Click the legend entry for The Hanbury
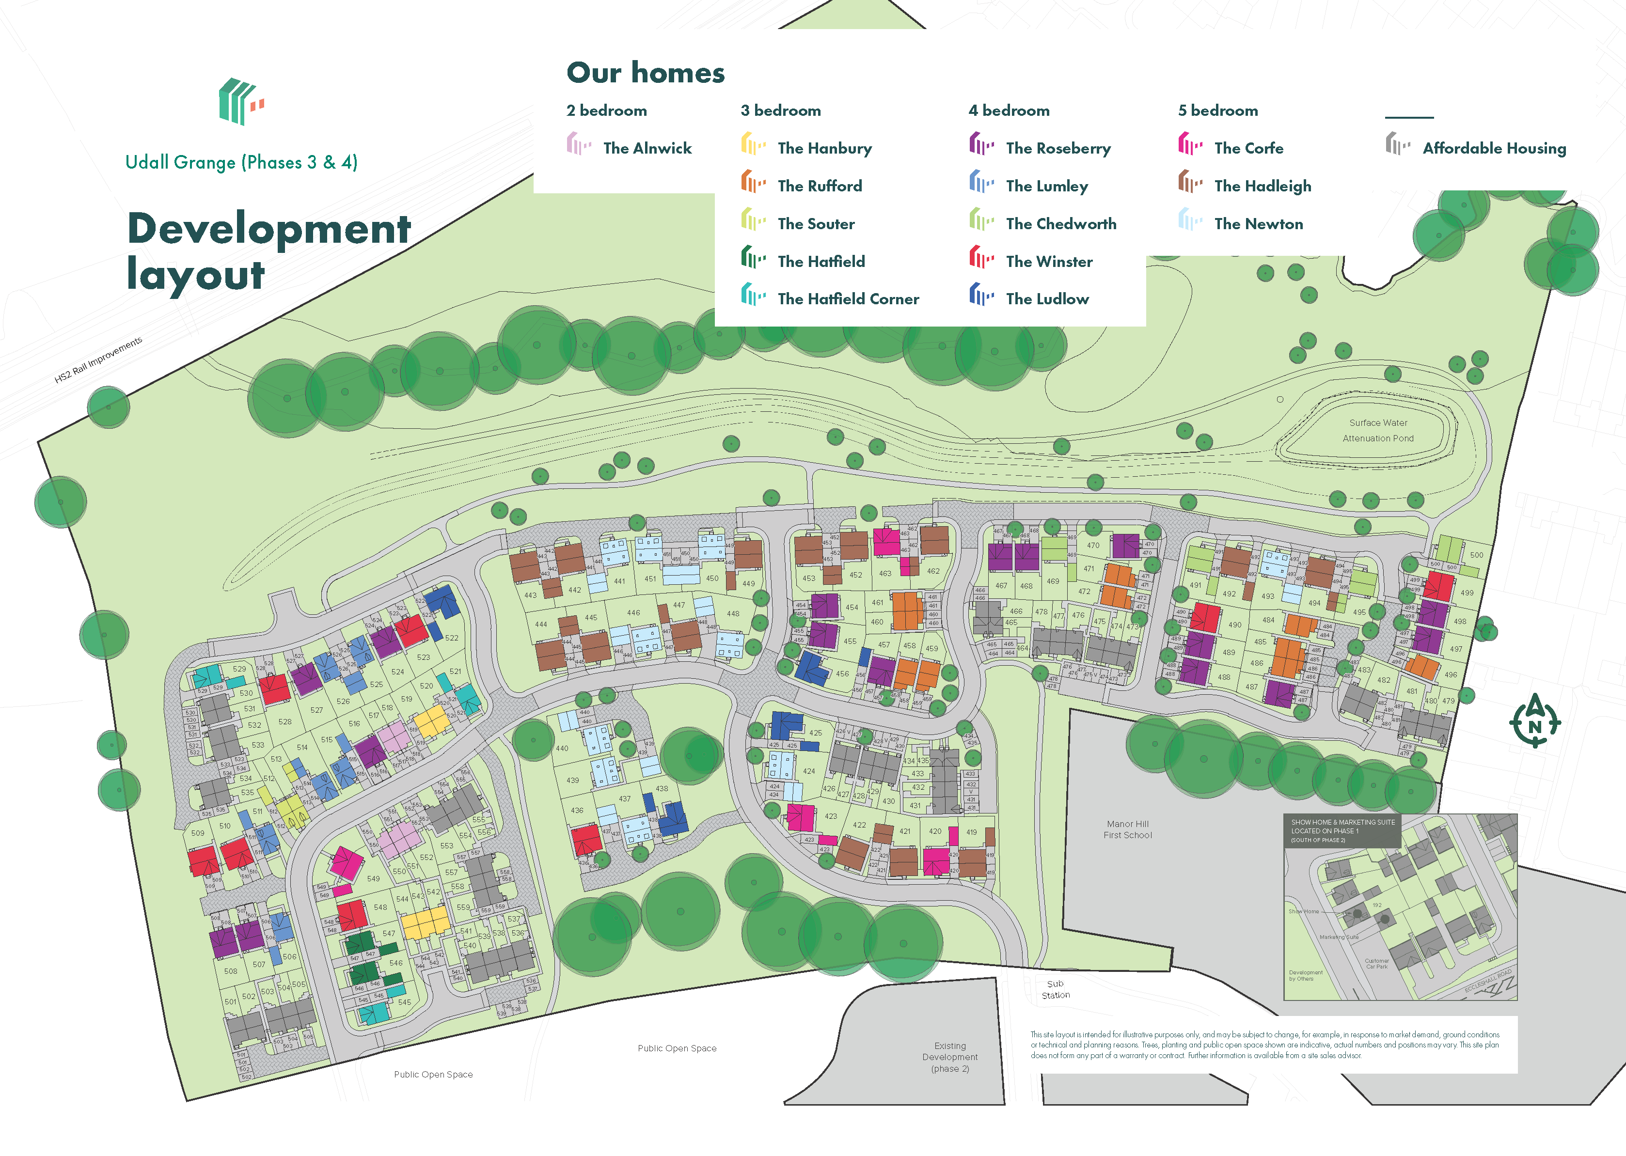click(x=824, y=148)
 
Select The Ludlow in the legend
click(x=1046, y=299)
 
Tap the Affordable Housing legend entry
click(x=1494, y=148)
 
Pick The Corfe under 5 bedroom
click(x=1248, y=148)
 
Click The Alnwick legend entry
click(x=647, y=148)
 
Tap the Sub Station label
click(x=1055, y=989)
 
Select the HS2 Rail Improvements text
click(x=98, y=359)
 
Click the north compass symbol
click(x=1534, y=721)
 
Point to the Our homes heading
click(x=645, y=73)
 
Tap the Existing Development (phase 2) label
click(x=950, y=1057)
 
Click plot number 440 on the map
click(x=562, y=748)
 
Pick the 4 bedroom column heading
click(x=1008, y=110)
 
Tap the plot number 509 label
click(x=197, y=833)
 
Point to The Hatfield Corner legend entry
click(x=847, y=299)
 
